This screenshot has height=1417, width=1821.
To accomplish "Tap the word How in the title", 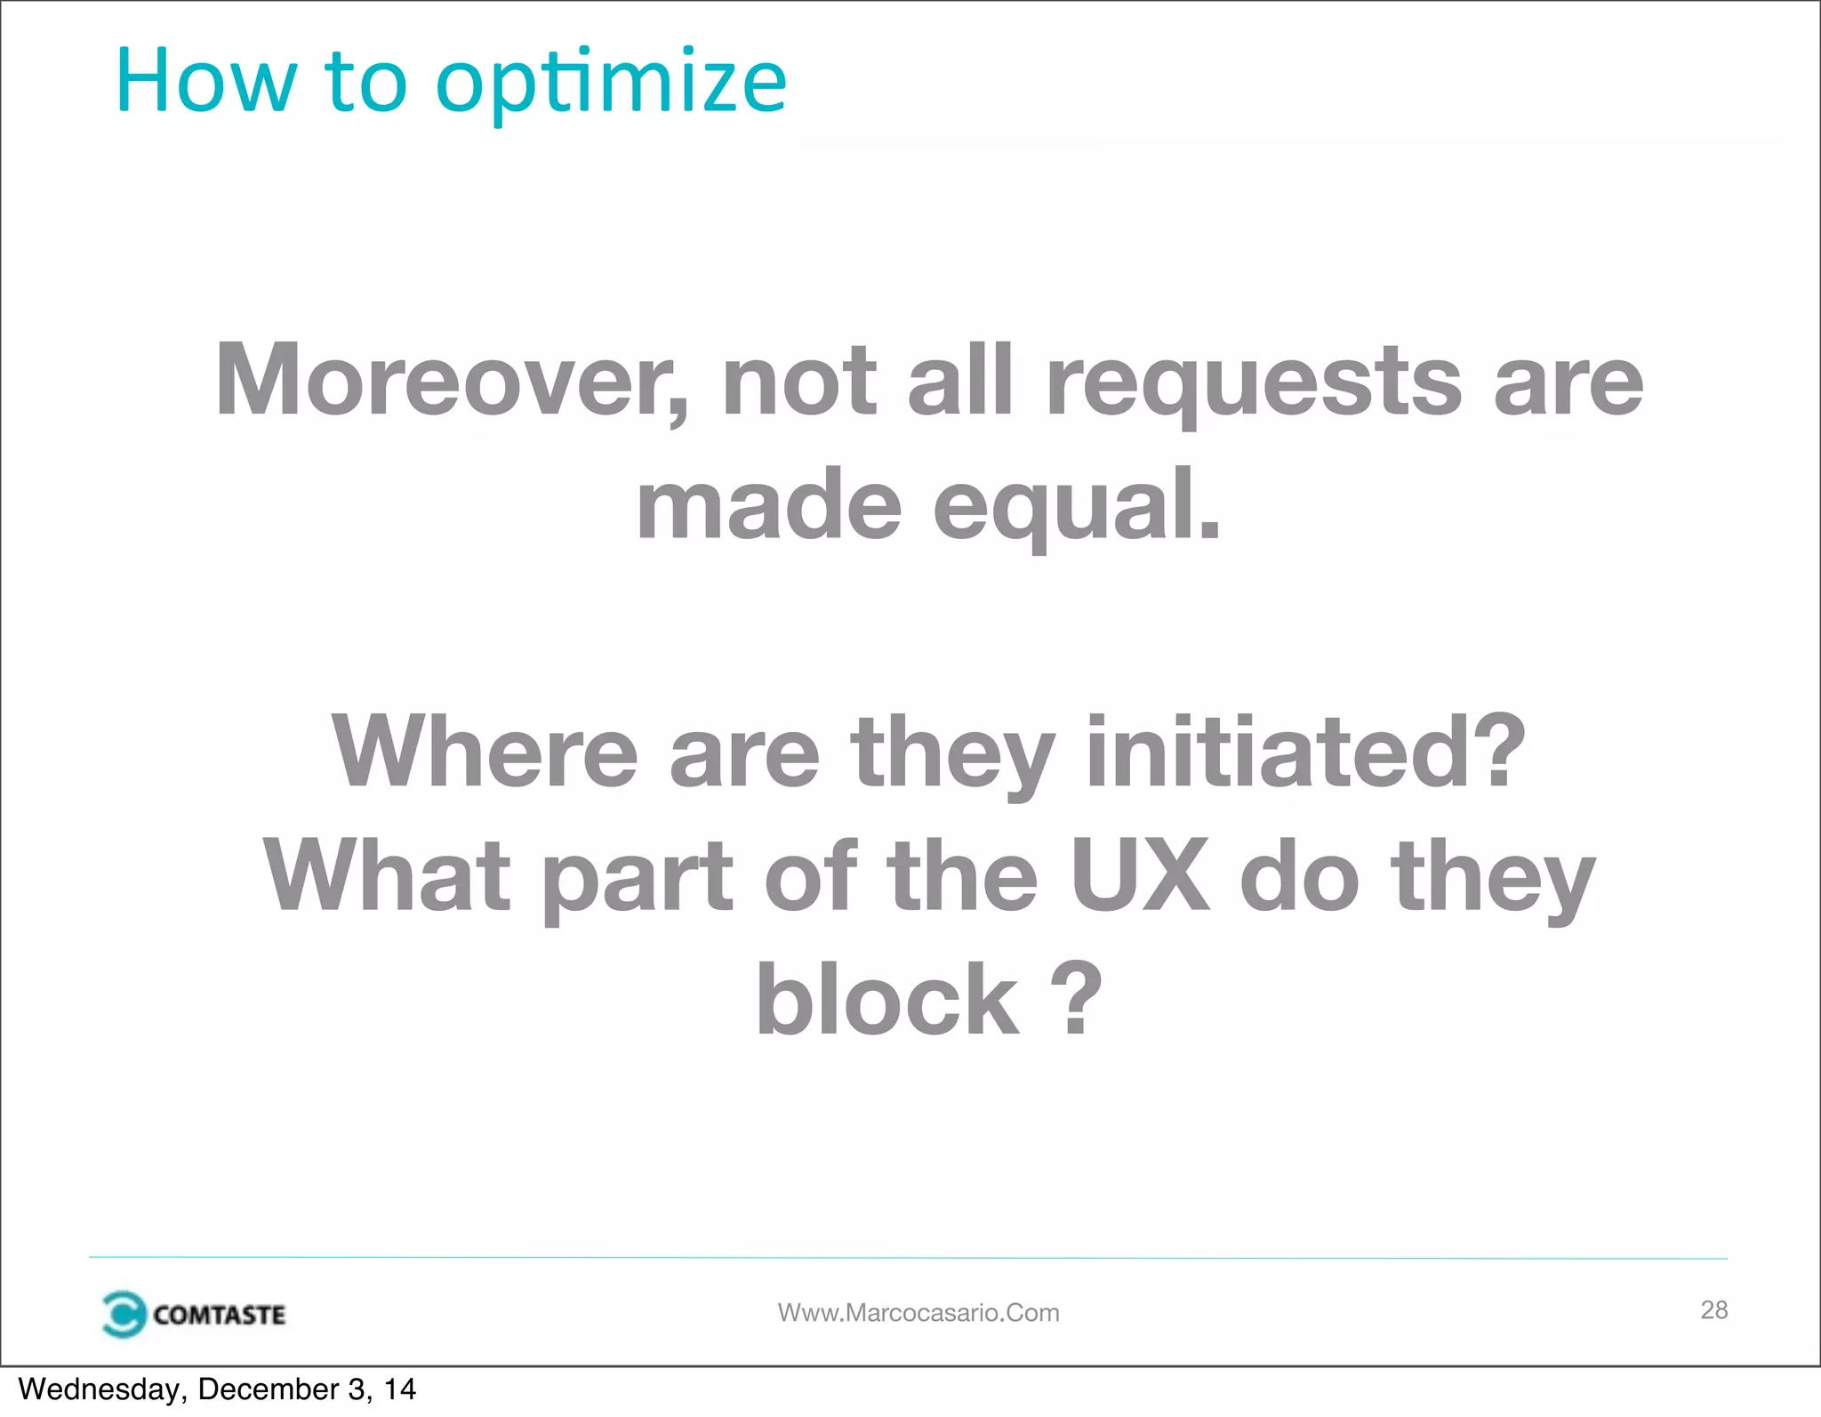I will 205,82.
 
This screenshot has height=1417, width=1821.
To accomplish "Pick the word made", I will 769,505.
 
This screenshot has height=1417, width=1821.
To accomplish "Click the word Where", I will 485,753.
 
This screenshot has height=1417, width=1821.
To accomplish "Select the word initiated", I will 1305,753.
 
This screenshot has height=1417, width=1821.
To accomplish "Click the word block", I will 887,1001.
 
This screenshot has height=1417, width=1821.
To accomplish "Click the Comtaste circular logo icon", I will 123,1314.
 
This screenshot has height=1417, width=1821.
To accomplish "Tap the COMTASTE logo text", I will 219,1315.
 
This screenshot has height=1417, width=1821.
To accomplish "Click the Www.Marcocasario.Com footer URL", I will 919,1313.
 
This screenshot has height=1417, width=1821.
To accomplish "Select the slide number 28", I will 1713,1309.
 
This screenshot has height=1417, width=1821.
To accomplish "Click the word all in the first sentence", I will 960,381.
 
